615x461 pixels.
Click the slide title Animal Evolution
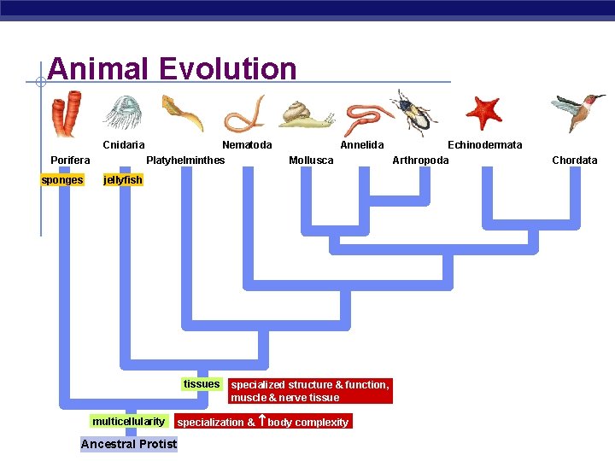tap(173, 68)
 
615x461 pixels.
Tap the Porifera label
tap(70, 160)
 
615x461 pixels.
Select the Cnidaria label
tap(124, 145)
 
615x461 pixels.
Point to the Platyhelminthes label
tap(185, 160)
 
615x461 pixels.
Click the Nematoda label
tap(247, 145)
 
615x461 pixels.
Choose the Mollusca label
tap(311, 160)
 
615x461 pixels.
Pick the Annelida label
tap(362, 145)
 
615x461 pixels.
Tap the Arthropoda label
tap(420, 160)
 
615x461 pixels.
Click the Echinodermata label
tap(484, 145)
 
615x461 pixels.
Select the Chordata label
tap(575, 160)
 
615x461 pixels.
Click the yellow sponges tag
tap(62, 180)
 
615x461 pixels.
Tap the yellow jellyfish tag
tap(123, 180)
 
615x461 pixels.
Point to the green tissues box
tap(202, 384)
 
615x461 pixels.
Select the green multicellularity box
tap(128, 422)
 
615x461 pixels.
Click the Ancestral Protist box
tap(129, 444)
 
